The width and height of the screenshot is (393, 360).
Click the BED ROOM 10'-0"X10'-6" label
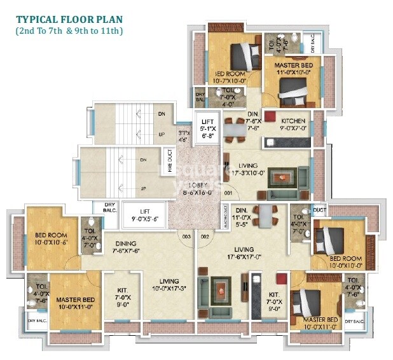pos(50,239)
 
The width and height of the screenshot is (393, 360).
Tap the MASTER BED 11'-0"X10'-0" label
pos(292,69)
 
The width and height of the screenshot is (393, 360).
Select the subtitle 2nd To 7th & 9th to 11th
pos(70,31)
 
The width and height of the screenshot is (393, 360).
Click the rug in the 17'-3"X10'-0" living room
pos(279,177)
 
